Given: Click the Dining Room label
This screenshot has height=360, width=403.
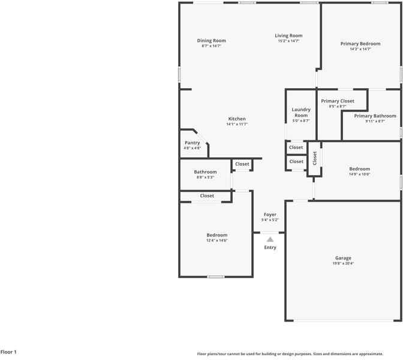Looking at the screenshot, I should (211, 41).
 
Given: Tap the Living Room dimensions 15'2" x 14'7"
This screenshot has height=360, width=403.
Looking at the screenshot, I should (288, 41).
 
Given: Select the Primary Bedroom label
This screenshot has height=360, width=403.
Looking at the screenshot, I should (360, 44).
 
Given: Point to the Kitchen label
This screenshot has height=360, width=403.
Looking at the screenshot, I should (237, 119).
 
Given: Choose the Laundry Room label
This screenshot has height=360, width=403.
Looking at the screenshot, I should (301, 112).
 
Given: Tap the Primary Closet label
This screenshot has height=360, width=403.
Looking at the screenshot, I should (338, 101).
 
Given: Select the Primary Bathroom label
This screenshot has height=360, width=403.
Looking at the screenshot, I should (375, 116).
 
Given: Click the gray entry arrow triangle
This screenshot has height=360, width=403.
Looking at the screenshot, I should (270, 239).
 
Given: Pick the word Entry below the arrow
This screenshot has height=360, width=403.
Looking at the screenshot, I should (270, 247).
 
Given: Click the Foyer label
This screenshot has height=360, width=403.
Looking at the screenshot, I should (270, 214).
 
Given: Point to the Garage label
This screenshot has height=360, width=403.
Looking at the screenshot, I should (343, 258).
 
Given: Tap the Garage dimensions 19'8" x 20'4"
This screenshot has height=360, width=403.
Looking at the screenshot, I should (343, 263).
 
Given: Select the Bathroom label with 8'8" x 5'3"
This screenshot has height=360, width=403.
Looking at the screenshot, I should (205, 172).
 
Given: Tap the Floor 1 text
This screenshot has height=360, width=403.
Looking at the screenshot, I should (9, 352).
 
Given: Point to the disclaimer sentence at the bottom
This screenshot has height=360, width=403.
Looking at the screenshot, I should (290, 354).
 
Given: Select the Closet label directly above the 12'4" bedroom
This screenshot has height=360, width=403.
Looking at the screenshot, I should (207, 196).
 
